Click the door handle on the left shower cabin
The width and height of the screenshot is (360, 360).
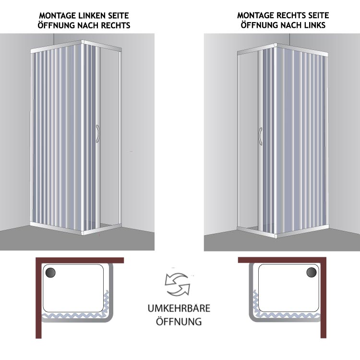pos(97,133)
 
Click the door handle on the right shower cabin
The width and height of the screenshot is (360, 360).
pos(260,136)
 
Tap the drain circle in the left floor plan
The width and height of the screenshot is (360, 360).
pos(50,273)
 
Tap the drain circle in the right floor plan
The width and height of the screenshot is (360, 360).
pos(312,272)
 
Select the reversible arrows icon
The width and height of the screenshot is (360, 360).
pos(178,284)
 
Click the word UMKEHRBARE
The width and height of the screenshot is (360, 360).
pos(179,308)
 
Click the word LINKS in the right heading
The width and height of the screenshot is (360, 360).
pos(315,25)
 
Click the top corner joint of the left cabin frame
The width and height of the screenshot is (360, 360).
pos(83,42)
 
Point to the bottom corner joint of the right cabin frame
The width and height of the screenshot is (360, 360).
pos(276,236)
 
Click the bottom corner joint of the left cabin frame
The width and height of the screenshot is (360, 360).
pos(83,233)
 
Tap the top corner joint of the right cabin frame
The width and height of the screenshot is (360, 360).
pos(276,45)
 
